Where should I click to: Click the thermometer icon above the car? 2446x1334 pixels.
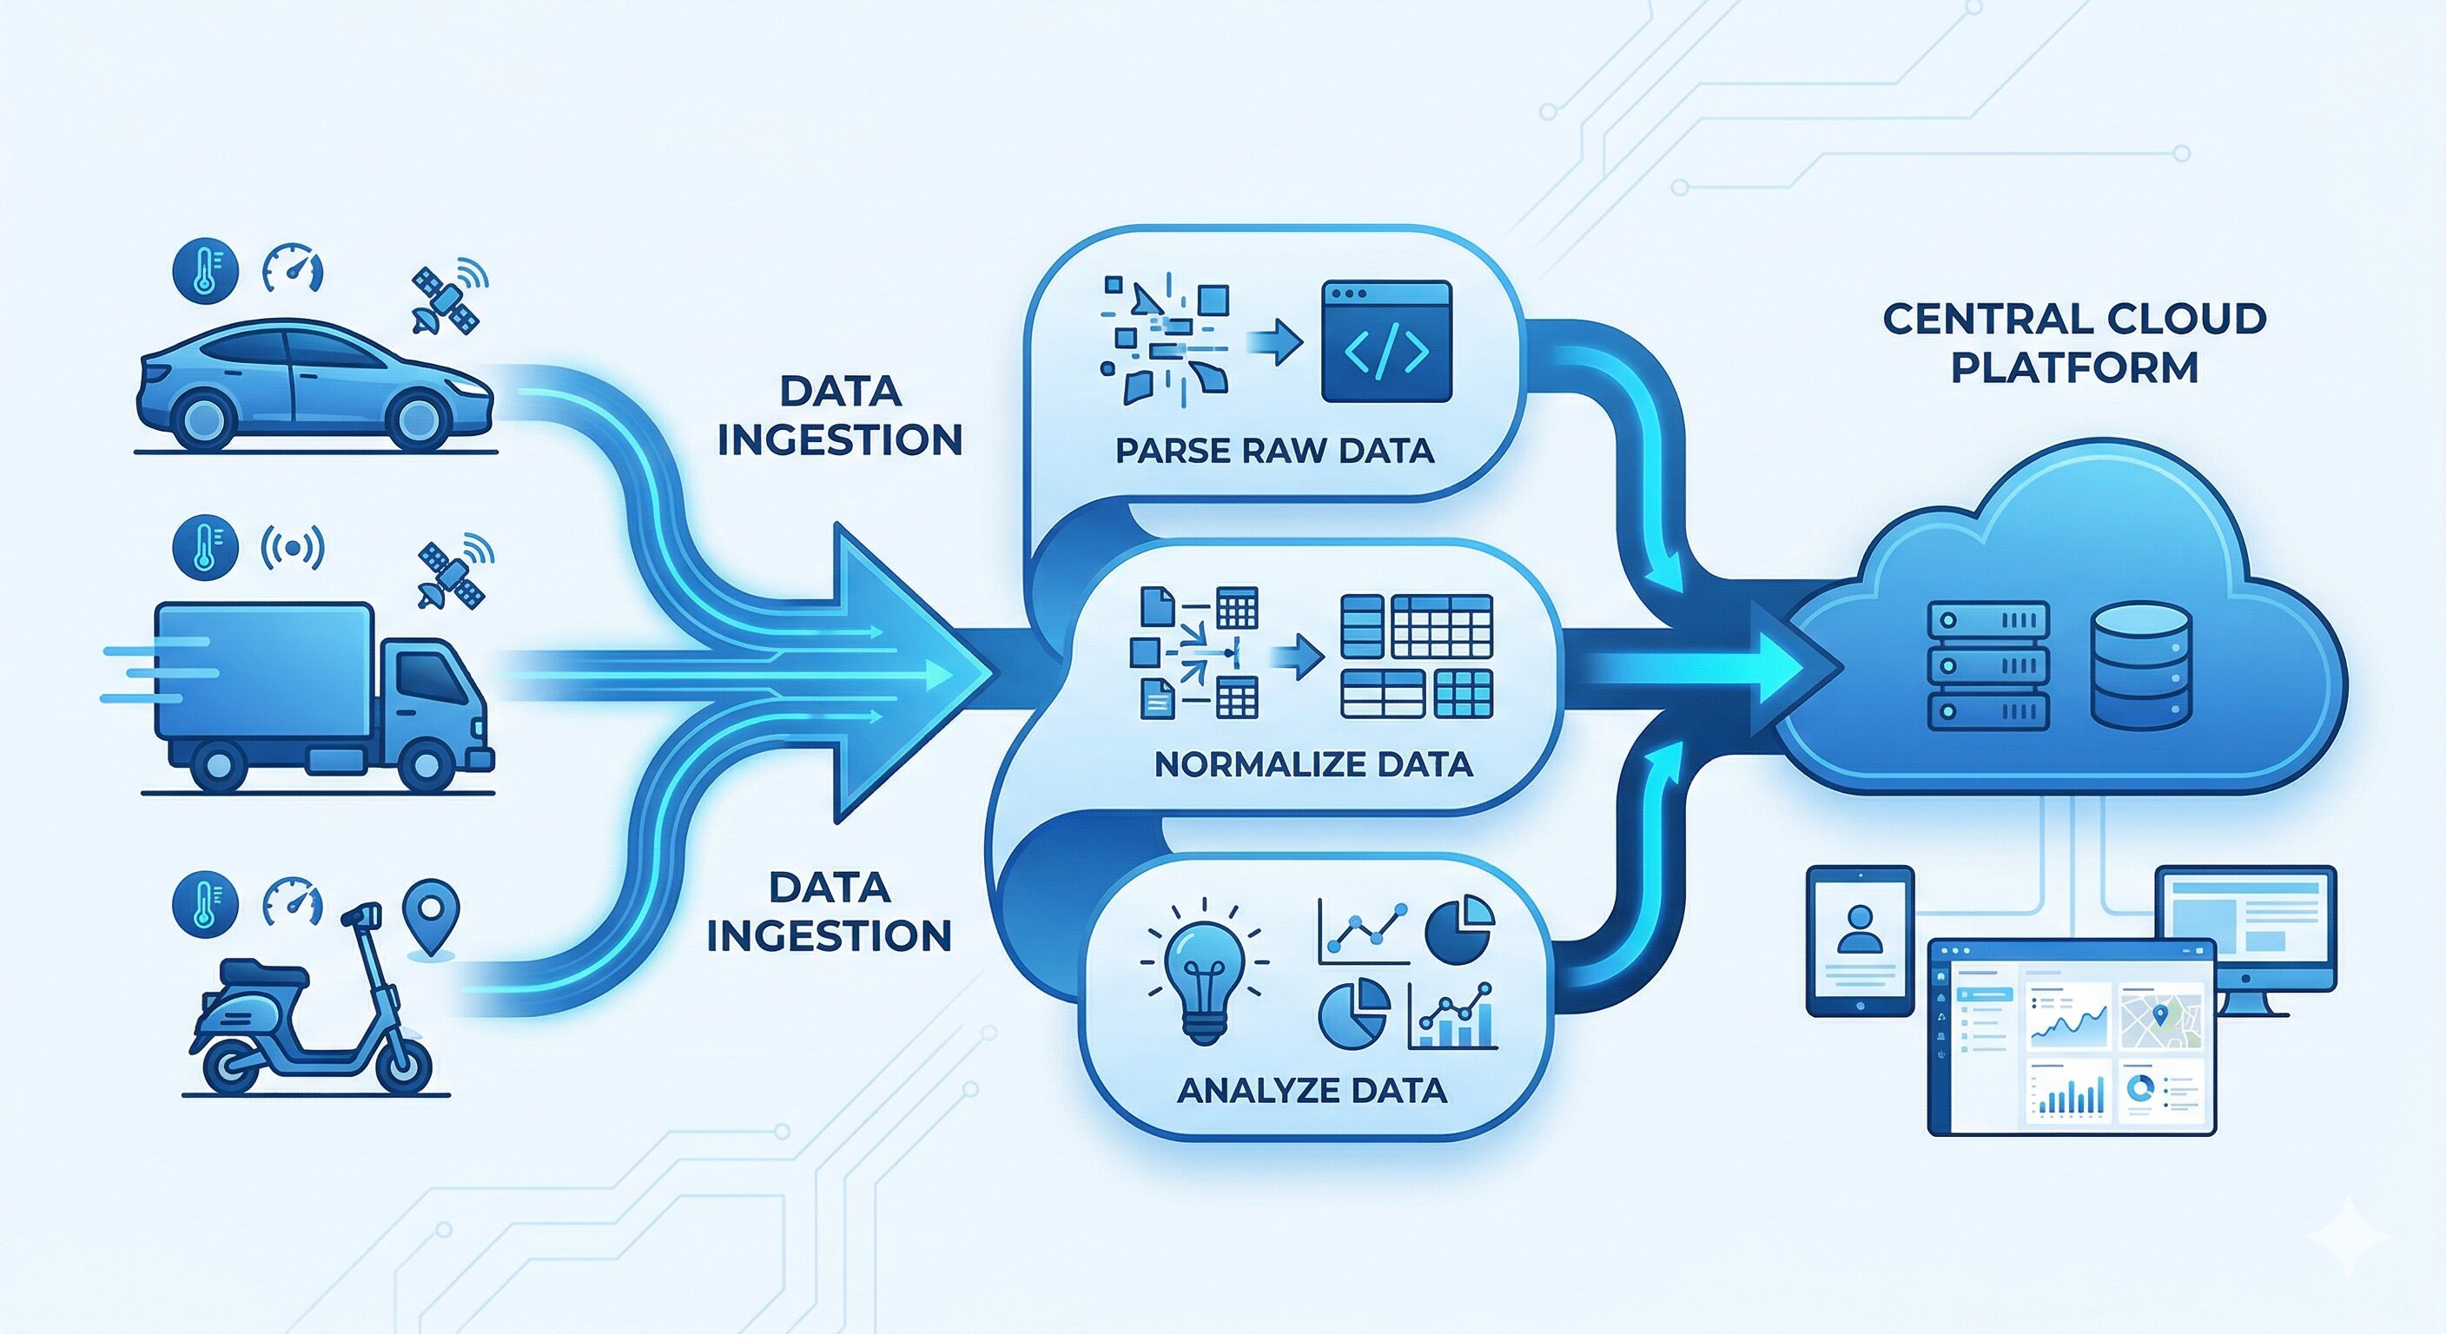[204, 272]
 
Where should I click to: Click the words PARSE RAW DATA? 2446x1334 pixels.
[1274, 450]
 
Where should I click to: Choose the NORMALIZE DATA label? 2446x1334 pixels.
[1313, 764]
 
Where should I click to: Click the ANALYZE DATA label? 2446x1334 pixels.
[1312, 1090]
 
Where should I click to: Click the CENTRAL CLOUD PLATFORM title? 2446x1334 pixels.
[2075, 343]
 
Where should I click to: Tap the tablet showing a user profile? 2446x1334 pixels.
[1859, 939]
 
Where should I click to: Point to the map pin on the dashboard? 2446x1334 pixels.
[2161, 1015]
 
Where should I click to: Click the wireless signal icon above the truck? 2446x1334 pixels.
[293, 547]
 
